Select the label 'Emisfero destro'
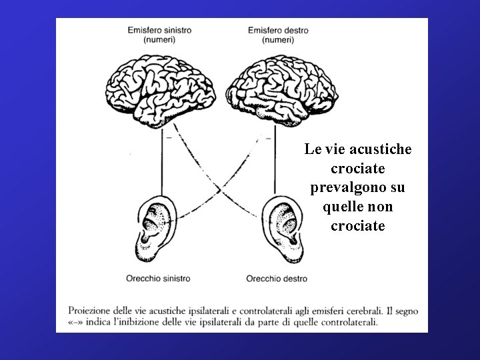(x=278, y=30)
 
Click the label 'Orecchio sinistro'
(x=158, y=278)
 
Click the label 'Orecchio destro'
(x=277, y=278)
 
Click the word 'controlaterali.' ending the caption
(x=346, y=322)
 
